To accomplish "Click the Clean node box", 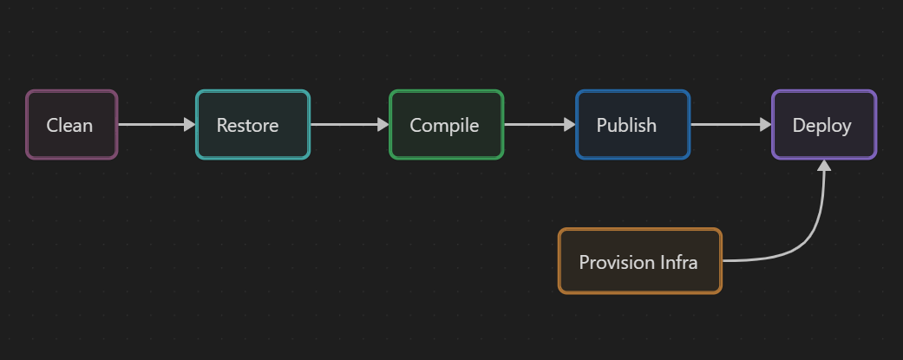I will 71,125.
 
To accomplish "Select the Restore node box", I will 252,125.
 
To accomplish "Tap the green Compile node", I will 446,125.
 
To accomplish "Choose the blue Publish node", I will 632,125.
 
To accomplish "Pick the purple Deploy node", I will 823,125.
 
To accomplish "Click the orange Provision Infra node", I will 639,261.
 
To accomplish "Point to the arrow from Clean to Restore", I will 152,125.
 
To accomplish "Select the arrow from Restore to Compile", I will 344,125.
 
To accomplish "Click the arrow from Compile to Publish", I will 534,125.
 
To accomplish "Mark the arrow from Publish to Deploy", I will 726,125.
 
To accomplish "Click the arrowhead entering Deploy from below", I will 824,167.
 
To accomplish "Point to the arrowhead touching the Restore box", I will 190,125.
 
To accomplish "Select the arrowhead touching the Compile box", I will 383,125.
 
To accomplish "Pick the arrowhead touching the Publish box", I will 570,125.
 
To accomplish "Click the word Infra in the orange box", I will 678,262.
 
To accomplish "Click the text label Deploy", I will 821,126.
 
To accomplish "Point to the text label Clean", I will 69,126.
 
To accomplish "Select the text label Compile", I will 444,126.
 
